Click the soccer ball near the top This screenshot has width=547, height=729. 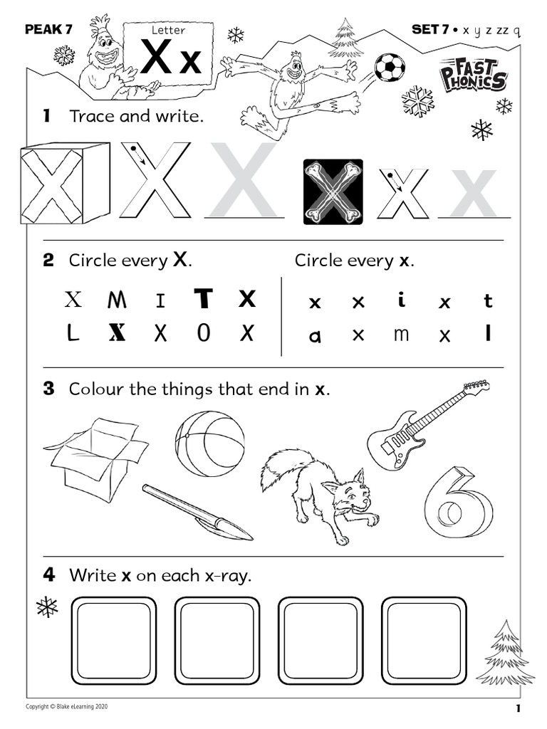389,67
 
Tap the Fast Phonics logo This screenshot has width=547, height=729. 473,74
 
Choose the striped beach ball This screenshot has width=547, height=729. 209,444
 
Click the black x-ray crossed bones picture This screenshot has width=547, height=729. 333,192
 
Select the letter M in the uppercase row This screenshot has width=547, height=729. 117,300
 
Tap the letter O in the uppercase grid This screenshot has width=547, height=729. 204,333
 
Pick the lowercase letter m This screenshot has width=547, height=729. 401,334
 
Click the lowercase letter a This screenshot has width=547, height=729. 315,336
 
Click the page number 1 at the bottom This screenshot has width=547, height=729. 519,708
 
